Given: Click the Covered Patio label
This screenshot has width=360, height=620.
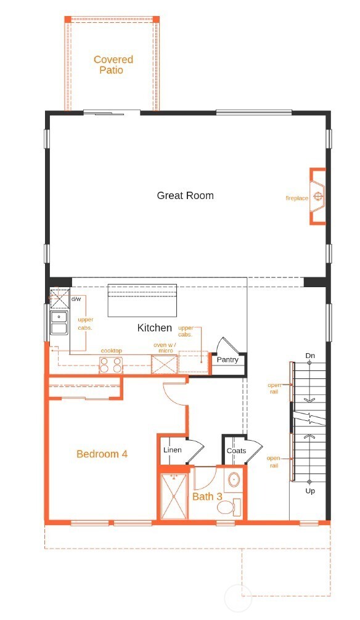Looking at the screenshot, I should point(113,65).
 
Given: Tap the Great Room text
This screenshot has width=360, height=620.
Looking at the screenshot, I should point(185,195).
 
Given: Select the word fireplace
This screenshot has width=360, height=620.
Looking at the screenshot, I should point(297,198).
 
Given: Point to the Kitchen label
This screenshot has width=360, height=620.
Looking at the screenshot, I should point(154,328).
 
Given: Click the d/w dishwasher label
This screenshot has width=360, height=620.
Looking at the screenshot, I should point(76,299).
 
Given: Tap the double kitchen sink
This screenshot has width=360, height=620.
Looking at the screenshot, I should point(59,322).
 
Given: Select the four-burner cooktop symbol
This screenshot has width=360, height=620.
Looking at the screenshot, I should point(110,365).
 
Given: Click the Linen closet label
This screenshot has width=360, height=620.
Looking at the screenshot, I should point(172,450).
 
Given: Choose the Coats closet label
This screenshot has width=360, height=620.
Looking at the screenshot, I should point(235,451).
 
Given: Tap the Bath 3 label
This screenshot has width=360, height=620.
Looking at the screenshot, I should point(207,496).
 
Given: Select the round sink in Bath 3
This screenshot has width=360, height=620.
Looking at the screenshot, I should point(234,479).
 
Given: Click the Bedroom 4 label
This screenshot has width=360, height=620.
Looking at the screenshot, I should point(102,454).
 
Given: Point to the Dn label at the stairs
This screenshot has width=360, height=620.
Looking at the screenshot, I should point(311,356).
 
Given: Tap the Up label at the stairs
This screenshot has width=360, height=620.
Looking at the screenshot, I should point(311,491).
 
